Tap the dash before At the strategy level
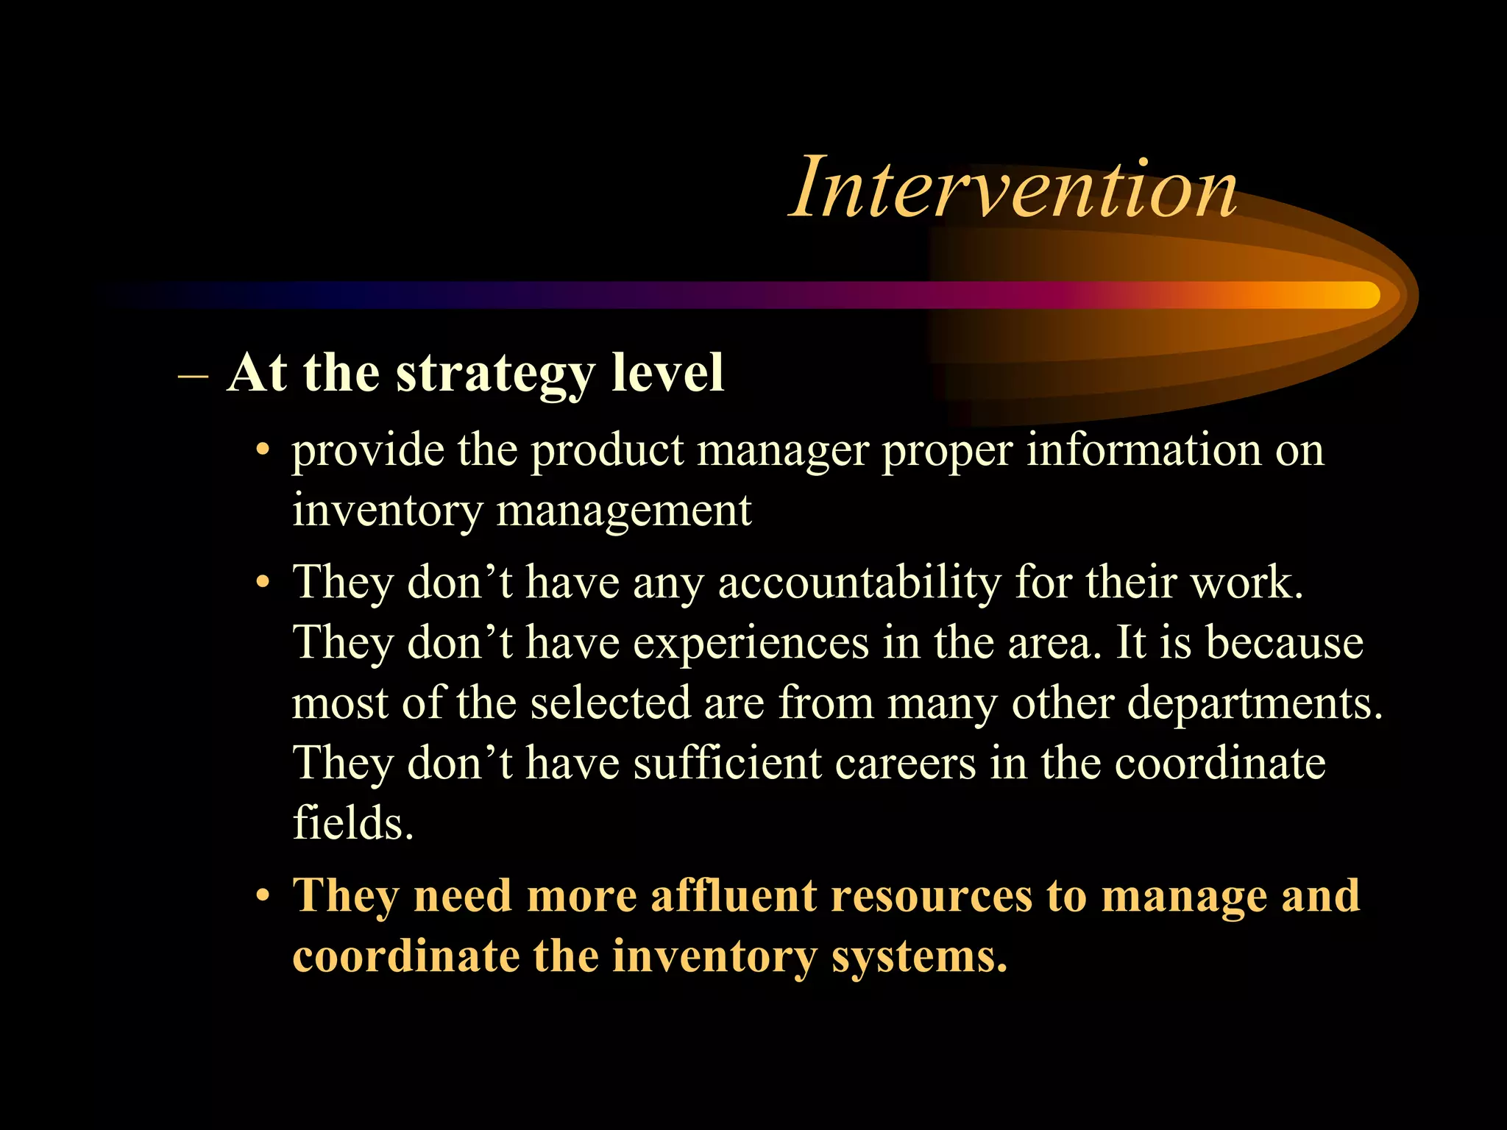[193, 374]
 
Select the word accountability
[859, 583]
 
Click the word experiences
[751, 643]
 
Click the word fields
[352, 822]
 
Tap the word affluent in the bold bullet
[734, 896]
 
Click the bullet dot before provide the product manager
[263, 451]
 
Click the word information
[1143, 449]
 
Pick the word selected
[610, 703]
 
